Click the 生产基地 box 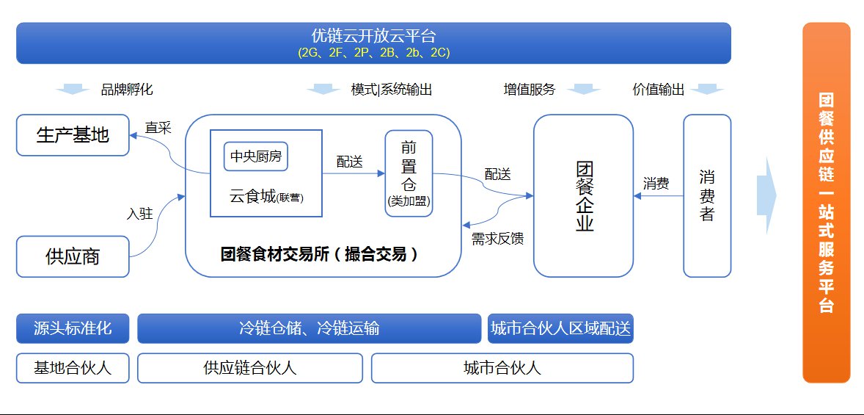click(x=73, y=135)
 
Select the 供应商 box click(x=73, y=256)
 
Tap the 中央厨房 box click(x=256, y=156)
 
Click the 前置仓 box click(x=409, y=173)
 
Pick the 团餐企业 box click(x=583, y=195)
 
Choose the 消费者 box click(x=707, y=195)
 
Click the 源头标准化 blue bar click(x=73, y=328)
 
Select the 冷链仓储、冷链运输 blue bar click(x=309, y=328)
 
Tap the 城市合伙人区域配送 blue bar click(x=560, y=328)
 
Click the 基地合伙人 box click(x=73, y=368)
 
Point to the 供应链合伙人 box click(x=250, y=368)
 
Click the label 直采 click(x=158, y=128)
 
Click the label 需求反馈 click(x=497, y=238)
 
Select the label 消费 click(x=656, y=184)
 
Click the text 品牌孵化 click(x=127, y=90)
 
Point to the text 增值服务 click(x=529, y=90)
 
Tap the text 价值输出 click(x=658, y=90)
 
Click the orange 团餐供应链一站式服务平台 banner click(x=826, y=203)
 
